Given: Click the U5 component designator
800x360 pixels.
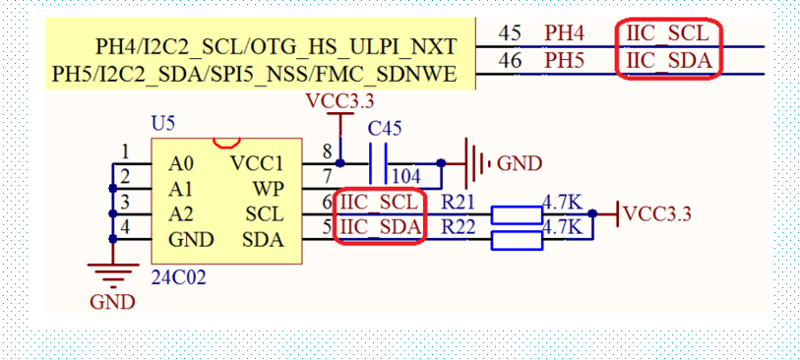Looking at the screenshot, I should [x=163, y=124].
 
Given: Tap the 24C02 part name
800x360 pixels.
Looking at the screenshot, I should [x=178, y=277].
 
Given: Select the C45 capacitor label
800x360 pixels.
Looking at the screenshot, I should [x=384, y=129].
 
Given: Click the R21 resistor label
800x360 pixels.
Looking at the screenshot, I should [x=458, y=204].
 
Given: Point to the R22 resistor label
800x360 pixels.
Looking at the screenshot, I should [x=458, y=227].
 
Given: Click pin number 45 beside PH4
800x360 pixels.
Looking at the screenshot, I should [x=510, y=33].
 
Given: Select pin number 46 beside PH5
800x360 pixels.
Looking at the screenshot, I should [x=510, y=61].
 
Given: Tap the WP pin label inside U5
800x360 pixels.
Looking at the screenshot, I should [x=268, y=188].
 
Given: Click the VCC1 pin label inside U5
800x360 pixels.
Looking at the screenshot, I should [x=257, y=163].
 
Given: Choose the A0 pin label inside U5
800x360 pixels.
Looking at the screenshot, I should [x=180, y=163].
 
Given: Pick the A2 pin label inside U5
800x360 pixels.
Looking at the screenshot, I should [x=180, y=213].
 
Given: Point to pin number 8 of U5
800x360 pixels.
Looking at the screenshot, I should [x=327, y=150].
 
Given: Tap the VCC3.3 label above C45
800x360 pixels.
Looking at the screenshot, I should [x=339, y=101].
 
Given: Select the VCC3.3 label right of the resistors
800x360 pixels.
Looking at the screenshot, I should [x=657, y=213].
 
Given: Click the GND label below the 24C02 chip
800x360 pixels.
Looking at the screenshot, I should [x=112, y=302].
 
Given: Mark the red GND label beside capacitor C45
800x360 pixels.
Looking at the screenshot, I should [x=519, y=164].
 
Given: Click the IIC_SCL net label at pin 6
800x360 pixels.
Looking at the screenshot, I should [x=381, y=204].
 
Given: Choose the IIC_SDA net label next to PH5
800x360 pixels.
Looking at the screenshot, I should [x=668, y=61].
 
